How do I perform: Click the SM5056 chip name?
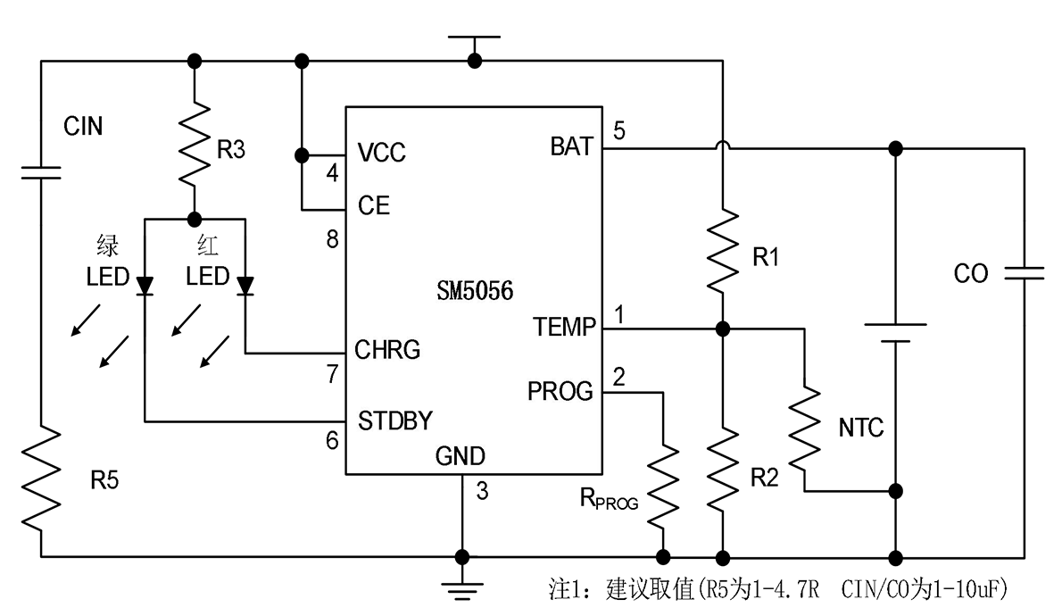coord(475,291)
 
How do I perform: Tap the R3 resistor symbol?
coord(195,144)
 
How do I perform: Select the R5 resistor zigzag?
coord(41,478)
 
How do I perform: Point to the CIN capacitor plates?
coord(41,173)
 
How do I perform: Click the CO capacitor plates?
coord(1025,273)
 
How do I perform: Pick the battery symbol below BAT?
coord(895,333)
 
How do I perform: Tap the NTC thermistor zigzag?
coord(805,429)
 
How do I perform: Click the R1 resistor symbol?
coord(723,251)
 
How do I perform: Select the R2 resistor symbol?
coord(723,469)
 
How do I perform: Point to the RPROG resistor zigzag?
coord(663,485)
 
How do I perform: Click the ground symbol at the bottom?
coord(462,590)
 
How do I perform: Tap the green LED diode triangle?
coord(145,286)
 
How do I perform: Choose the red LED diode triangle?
coord(245,286)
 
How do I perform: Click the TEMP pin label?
coord(564,328)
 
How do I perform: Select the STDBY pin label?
coord(394,420)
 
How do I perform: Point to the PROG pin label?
coord(560,391)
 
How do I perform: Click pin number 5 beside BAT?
coord(619,131)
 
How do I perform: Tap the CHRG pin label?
coord(387,350)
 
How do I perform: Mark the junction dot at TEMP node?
coord(723,329)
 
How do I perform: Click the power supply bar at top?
coord(474,37)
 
